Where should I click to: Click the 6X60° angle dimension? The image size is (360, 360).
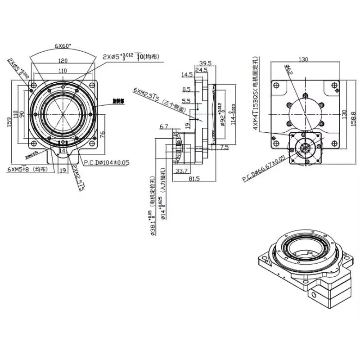(x=63, y=46)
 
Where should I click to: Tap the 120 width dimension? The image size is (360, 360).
(x=63, y=60)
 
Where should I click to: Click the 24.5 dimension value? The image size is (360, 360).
(x=201, y=70)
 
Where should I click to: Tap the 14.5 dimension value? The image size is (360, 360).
(x=187, y=74)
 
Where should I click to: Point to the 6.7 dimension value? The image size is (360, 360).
(x=164, y=127)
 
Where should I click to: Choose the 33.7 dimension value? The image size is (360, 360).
(x=180, y=171)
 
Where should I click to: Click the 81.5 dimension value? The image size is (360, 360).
(x=194, y=179)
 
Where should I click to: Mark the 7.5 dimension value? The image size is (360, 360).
(x=225, y=147)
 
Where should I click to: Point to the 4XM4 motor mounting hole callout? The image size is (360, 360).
(x=256, y=94)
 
